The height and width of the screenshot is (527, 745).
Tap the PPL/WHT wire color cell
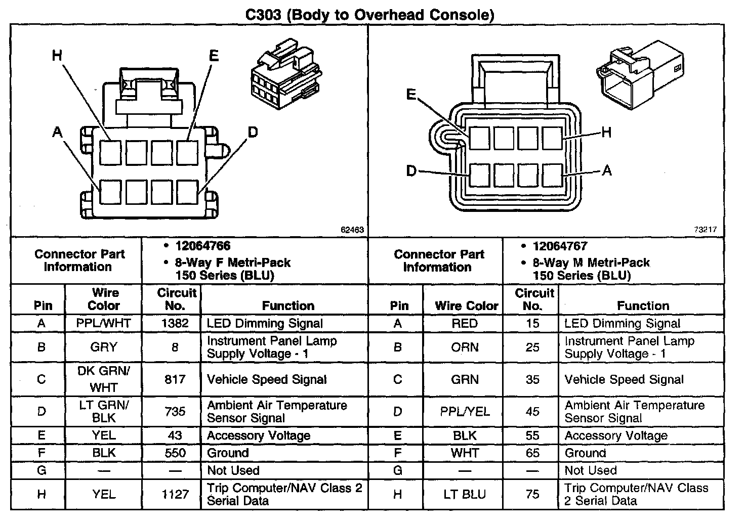click(x=103, y=324)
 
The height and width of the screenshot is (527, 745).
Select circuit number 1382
click(x=175, y=324)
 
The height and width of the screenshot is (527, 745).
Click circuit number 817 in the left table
click(x=175, y=379)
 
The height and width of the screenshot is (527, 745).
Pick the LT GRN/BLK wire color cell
click(x=103, y=412)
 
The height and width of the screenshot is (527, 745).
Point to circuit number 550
click(x=175, y=453)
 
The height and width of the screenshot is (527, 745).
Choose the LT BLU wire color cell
click(x=464, y=495)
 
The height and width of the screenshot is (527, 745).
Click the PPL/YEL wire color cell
click(x=464, y=412)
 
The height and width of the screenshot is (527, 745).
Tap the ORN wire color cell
click(x=464, y=347)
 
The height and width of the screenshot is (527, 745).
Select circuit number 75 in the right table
click(x=532, y=495)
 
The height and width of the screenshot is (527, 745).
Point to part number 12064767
click(x=560, y=247)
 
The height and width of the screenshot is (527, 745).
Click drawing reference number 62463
click(x=352, y=230)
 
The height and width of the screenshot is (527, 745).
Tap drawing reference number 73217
click(x=705, y=230)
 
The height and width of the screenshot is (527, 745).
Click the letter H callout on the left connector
click(x=57, y=55)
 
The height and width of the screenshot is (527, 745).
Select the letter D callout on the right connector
click(x=411, y=171)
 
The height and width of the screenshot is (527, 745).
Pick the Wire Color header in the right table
click(x=466, y=306)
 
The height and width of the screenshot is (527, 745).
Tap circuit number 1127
click(x=175, y=495)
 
